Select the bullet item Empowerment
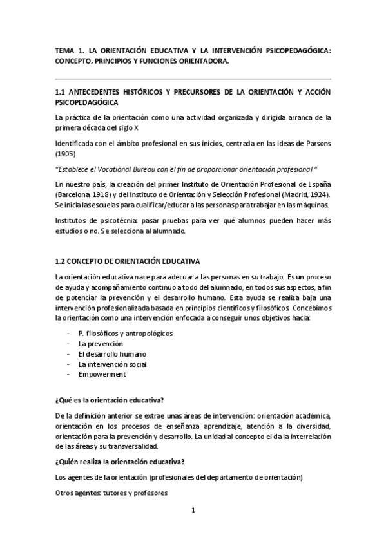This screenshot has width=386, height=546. pos(102,374)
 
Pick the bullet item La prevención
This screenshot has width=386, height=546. pos(101,343)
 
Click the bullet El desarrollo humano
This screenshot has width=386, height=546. pos(112,353)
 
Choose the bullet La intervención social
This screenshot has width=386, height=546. pos(112,364)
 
